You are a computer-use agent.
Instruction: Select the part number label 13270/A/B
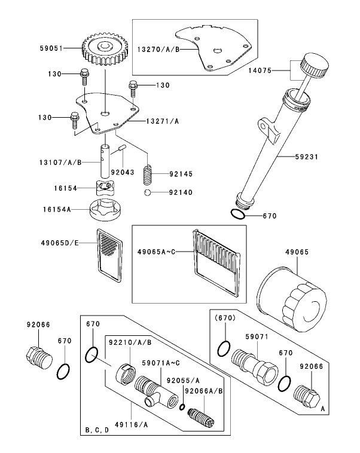click(x=158, y=50)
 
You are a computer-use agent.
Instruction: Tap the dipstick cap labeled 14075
click(x=315, y=65)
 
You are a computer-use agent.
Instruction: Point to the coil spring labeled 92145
click(x=148, y=175)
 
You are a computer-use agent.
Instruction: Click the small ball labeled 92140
click(x=148, y=192)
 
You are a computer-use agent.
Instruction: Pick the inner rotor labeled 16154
click(x=104, y=188)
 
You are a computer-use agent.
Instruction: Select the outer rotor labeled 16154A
click(x=105, y=210)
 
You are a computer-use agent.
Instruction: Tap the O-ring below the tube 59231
click(x=238, y=214)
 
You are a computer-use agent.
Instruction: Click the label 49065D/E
click(x=60, y=243)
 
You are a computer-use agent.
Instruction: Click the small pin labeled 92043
click(x=122, y=148)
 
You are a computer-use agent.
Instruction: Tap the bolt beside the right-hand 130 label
click(x=133, y=88)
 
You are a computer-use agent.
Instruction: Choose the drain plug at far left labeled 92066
click(x=39, y=358)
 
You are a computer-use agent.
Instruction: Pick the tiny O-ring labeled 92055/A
click(x=182, y=407)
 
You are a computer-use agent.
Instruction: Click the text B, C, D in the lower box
click(x=97, y=430)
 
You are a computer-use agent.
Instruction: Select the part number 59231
click(x=307, y=157)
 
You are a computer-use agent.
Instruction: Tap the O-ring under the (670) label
click(x=224, y=348)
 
